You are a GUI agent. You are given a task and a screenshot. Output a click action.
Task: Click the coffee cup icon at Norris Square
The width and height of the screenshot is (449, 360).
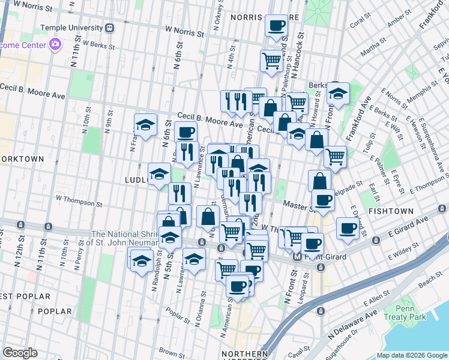coord(276,26)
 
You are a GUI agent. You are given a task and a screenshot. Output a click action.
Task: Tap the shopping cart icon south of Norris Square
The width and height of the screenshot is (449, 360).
coord(271,61)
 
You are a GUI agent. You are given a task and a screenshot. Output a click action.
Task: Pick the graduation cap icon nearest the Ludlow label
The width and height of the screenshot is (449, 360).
coord(159,174)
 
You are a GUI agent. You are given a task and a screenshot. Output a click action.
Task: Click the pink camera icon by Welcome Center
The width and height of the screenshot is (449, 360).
coord(55,44)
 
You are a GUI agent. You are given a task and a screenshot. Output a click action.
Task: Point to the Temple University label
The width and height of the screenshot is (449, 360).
coord(71,28)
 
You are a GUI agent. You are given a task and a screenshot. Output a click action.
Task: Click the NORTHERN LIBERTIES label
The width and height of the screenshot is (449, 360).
coord(244,354)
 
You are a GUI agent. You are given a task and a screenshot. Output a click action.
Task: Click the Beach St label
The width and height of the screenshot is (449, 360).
coord(430,280)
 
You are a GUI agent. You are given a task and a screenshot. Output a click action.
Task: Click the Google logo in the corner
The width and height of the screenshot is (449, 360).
coord(20,353)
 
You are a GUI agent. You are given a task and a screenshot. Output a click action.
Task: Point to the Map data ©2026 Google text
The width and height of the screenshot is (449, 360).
coord(411,356)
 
